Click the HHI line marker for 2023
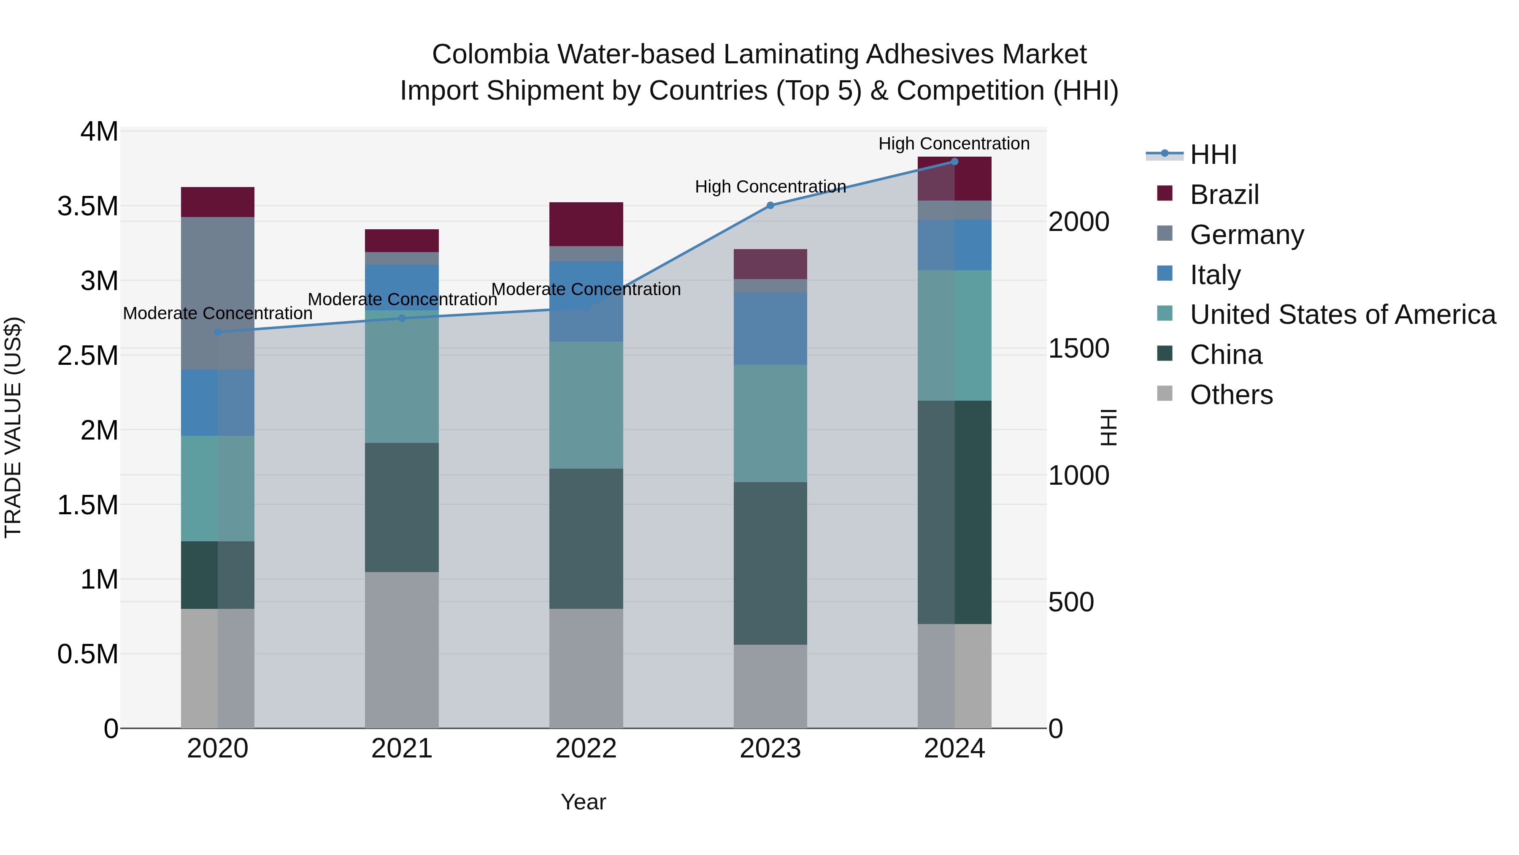(x=770, y=205)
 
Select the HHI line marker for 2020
(x=218, y=332)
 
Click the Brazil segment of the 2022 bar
(x=586, y=224)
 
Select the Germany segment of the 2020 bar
(x=218, y=293)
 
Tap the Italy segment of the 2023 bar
(x=770, y=328)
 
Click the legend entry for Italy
(x=1215, y=275)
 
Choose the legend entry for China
(x=1225, y=355)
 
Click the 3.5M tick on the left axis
(x=88, y=206)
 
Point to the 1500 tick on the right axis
(x=1078, y=348)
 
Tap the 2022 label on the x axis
(x=586, y=749)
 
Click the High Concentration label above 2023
(x=770, y=187)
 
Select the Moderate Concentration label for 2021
(x=402, y=299)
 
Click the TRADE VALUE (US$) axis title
(x=13, y=428)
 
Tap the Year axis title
(x=583, y=802)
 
